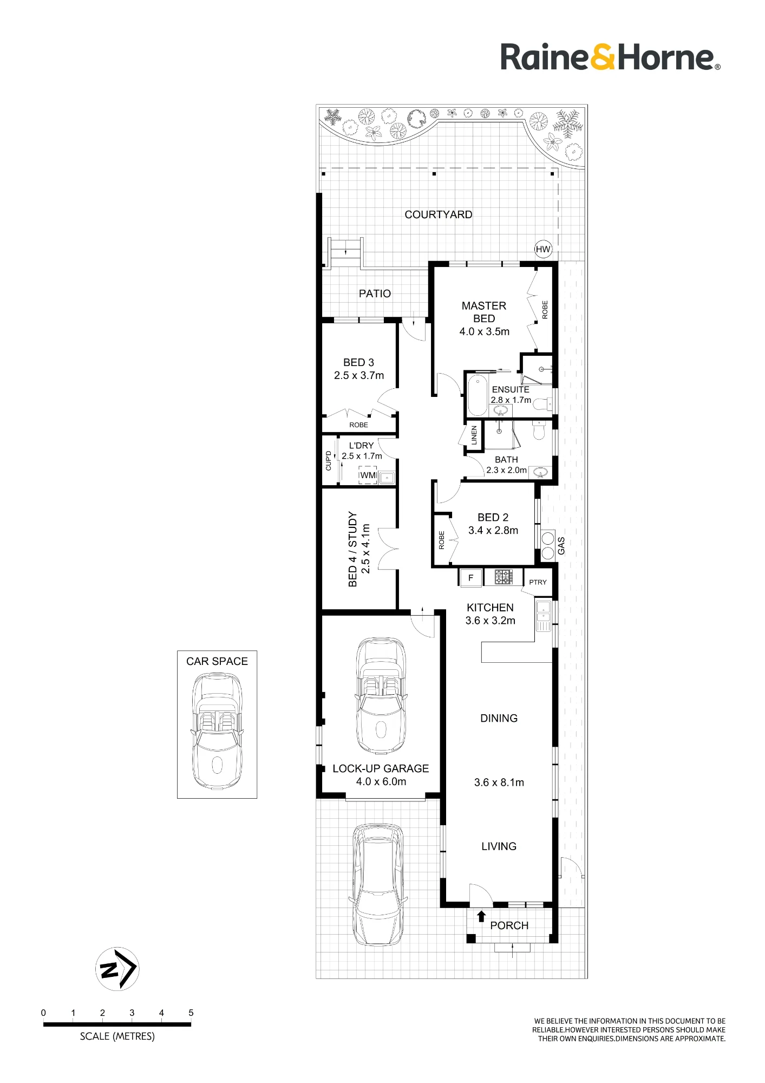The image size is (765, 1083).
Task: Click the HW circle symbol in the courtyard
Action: (x=543, y=250)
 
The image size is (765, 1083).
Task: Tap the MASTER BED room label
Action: (x=484, y=312)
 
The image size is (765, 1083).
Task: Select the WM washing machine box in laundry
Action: (x=368, y=475)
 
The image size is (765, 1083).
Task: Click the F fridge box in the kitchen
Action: (x=470, y=578)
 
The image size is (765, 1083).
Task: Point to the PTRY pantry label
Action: (x=538, y=582)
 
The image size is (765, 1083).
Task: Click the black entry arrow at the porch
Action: (x=481, y=916)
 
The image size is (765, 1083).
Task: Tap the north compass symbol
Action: (x=117, y=969)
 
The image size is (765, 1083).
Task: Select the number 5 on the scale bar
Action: (x=191, y=1013)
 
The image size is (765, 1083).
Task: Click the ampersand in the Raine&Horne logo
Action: (x=602, y=57)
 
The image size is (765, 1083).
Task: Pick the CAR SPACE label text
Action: (x=217, y=661)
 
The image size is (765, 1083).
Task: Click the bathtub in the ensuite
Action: (x=477, y=394)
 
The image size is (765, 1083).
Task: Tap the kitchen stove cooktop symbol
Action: (x=504, y=577)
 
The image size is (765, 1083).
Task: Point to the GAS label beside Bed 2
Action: (x=561, y=546)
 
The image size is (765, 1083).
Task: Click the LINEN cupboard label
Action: (x=474, y=435)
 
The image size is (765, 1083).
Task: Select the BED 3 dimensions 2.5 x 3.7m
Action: (x=359, y=375)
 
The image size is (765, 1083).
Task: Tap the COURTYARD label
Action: (x=439, y=214)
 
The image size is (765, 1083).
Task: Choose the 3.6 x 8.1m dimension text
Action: (x=499, y=782)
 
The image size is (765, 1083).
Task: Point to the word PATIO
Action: (x=375, y=293)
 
